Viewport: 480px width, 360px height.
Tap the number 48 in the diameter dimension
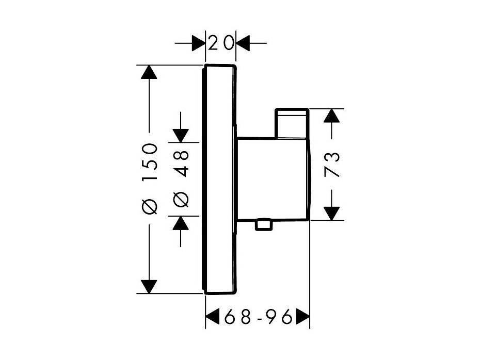click(x=181, y=164)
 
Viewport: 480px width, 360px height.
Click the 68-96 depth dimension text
click(x=258, y=317)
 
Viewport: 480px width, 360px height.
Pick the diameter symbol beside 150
click(x=150, y=206)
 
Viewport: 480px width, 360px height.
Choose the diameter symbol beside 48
click(x=181, y=200)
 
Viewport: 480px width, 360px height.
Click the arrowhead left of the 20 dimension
click(x=198, y=43)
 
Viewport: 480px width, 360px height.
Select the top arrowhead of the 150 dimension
click(x=149, y=72)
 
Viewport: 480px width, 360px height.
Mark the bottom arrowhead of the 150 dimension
click(x=149, y=287)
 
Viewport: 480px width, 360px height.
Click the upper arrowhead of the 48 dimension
click(x=181, y=136)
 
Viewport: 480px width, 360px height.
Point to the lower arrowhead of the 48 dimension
click(x=181, y=223)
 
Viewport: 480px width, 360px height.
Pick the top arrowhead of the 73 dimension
click(x=331, y=116)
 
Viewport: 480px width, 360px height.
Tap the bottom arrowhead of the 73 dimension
click(x=331, y=213)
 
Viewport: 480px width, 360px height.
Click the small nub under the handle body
click(x=264, y=224)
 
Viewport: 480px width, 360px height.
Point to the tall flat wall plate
click(x=219, y=179)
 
